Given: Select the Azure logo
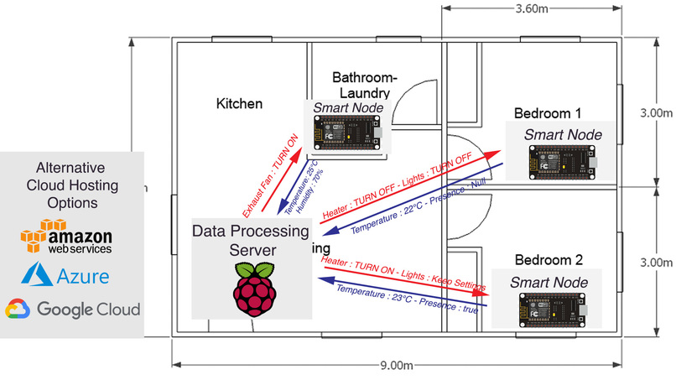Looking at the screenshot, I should (70, 274).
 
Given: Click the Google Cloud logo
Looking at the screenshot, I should (72, 310).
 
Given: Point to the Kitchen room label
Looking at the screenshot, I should (239, 104).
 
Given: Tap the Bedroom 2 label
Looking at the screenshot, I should (547, 259).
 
